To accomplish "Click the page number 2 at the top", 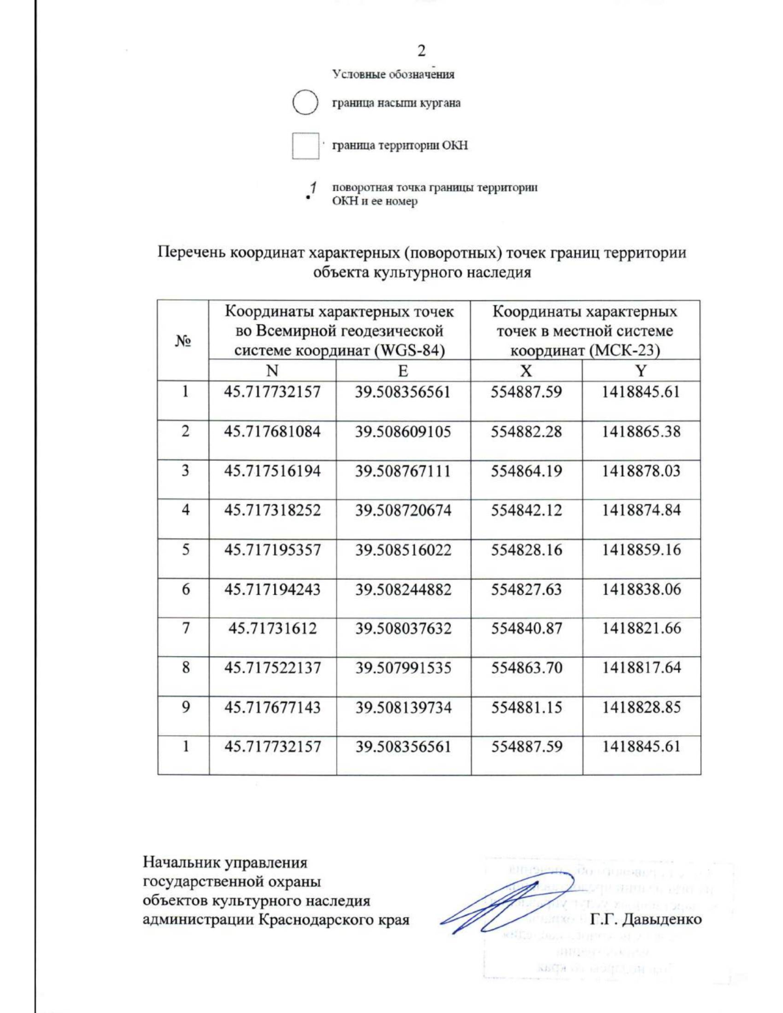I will click(x=422, y=52).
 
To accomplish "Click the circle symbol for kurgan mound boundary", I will click(x=305, y=103).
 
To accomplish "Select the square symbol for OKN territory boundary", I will click(x=305, y=145).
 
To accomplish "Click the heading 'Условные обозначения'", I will click(x=393, y=74).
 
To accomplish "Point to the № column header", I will click(x=183, y=340).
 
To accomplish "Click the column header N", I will click(x=272, y=370).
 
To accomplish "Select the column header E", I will click(x=403, y=370).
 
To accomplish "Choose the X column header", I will click(x=526, y=370).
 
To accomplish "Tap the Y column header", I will click(x=641, y=370).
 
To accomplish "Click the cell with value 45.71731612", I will click(x=272, y=629).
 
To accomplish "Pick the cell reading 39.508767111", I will click(x=403, y=471).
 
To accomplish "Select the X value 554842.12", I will click(x=526, y=510).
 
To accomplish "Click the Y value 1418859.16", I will click(x=641, y=550).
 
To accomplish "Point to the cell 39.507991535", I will click(x=403, y=668).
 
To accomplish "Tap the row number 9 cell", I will click(x=185, y=707).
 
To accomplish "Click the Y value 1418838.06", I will click(x=641, y=589).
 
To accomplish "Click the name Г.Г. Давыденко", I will click(x=645, y=919).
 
